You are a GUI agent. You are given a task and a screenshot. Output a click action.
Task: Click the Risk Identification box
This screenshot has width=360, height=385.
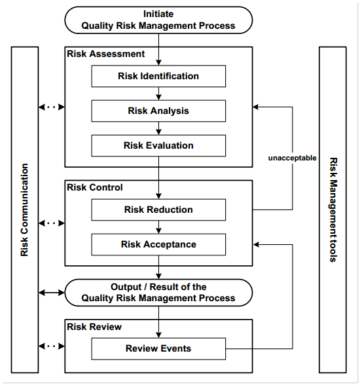158,77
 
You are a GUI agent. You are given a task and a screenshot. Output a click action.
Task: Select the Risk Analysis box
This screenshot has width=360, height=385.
158,111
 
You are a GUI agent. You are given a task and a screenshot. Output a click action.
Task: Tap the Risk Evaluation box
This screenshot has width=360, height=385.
158,145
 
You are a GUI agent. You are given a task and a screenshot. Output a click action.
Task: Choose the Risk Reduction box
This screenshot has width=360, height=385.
158,210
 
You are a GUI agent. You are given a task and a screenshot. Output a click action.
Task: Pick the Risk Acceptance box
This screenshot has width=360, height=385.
158,245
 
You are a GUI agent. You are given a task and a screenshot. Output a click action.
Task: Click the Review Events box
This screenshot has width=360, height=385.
158,348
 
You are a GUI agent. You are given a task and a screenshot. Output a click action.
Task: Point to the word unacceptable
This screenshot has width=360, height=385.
292,158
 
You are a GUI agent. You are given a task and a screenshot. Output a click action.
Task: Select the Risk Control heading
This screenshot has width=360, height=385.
95,187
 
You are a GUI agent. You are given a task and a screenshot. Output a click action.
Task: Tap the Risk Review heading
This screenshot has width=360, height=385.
94,326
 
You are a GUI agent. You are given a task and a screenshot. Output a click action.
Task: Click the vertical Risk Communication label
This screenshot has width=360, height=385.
25,210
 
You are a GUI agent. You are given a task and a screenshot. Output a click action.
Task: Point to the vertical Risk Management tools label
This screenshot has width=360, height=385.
333,210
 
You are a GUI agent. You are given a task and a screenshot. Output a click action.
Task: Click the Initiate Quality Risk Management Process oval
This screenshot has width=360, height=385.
158,20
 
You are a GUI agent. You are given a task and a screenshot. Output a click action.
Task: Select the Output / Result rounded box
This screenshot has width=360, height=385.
158,292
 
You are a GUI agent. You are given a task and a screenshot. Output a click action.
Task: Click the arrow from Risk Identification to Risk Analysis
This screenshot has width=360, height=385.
158,94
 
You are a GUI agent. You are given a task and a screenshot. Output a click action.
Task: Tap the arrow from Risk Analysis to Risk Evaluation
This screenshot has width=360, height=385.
158,128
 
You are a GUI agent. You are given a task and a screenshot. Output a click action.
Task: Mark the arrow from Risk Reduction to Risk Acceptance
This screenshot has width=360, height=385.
158,227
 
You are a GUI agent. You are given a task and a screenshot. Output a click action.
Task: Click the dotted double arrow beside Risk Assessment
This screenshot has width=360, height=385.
52,106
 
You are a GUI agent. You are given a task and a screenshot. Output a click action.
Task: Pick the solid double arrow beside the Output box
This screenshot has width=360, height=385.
52,292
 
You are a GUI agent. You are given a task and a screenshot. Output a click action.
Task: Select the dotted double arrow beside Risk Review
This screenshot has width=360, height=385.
52,346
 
